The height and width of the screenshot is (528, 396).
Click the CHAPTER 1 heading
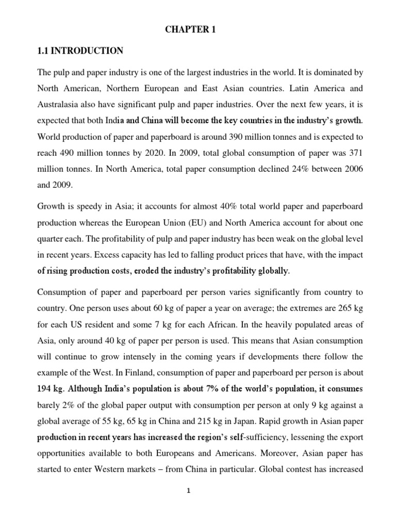click(x=191, y=30)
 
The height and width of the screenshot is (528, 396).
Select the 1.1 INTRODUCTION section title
click(x=81, y=51)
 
